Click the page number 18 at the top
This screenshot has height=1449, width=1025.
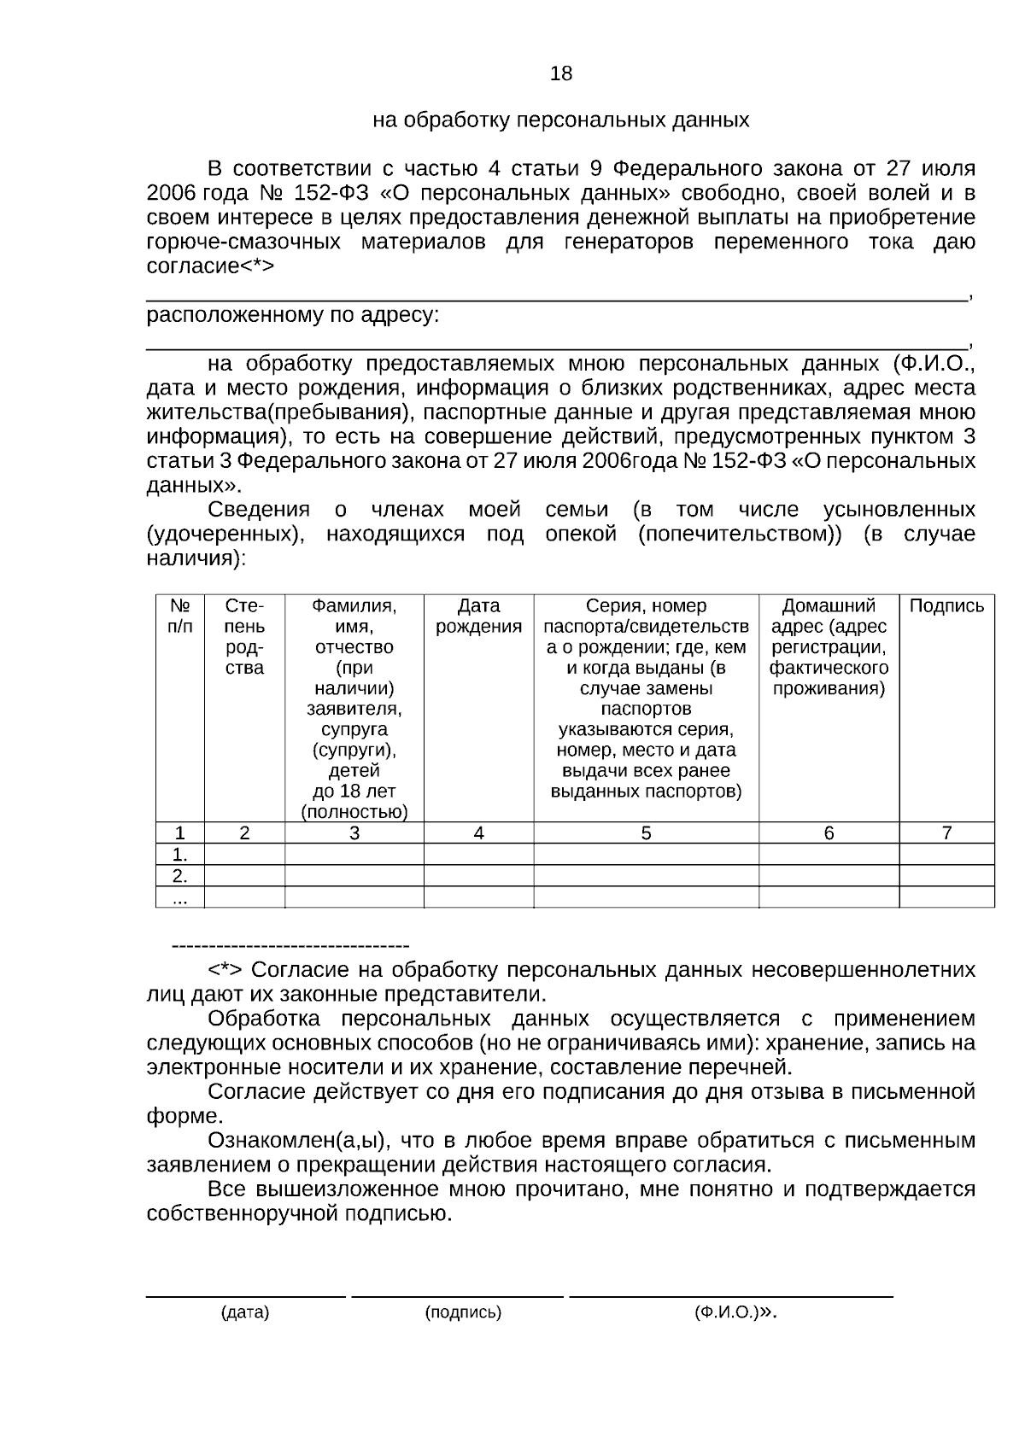pos(561,73)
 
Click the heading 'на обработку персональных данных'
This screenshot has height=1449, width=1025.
pos(560,120)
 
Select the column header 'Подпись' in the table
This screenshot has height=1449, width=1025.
pos(946,606)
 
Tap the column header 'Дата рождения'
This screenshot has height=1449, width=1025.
pos(478,616)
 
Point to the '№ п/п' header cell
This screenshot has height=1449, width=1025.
pos(179,616)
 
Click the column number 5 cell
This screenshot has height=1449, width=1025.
pos(646,833)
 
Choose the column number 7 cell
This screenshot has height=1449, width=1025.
pos(946,833)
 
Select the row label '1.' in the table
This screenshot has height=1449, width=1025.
pos(179,855)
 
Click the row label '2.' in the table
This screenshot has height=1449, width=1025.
pos(179,876)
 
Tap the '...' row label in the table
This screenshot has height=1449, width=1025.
pos(179,897)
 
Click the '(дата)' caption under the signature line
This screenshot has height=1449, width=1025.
pos(245,1313)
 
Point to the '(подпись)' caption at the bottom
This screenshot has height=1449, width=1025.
pos(463,1313)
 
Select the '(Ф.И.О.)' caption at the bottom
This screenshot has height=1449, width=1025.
pos(726,1313)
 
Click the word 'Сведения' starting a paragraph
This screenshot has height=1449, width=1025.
pos(259,511)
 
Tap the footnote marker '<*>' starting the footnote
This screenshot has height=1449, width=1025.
pos(225,971)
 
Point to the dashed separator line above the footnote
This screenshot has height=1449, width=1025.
pos(290,946)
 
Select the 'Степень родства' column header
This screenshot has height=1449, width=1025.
pos(244,637)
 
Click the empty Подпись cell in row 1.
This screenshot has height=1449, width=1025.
pos(946,855)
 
